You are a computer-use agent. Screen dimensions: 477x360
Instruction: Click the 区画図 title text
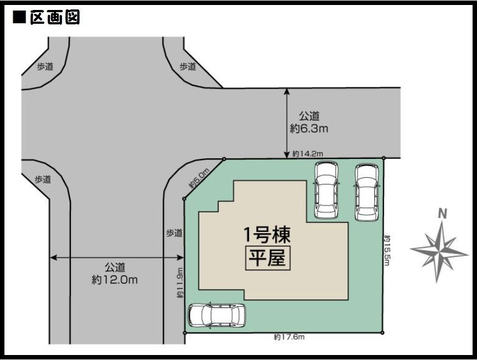pyautogui.click(x=55, y=17)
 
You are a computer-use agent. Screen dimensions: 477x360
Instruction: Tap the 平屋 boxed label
pyautogui.click(x=268, y=258)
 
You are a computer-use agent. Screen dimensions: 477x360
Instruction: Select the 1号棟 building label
pyautogui.click(x=267, y=235)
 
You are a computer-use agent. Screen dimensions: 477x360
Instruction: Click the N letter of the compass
pyautogui.click(x=442, y=214)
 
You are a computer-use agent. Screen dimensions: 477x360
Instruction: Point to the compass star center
pyautogui.click(x=439, y=251)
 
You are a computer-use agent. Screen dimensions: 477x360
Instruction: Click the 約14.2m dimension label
pyautogui.click(x=308, y=154)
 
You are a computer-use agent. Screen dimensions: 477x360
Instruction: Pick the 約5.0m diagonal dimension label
pyautogui.click(x=199, y=178)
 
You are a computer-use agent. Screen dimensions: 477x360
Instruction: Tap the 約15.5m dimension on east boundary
pyautogui.click(x=387, y=250)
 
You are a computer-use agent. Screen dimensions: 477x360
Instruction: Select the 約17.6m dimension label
pyautogui.click(x=289, y=337)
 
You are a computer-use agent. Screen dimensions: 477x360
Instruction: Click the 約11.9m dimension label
pyautogui.click(x=180, y=282)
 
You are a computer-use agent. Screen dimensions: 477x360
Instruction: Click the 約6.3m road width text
pyautogui.click(x=309, y=129)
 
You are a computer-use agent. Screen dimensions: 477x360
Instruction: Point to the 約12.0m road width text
pyautogui.click(x=115, y=280)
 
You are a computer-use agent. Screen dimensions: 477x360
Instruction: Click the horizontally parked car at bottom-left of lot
pyautogui.click(x=216, y=316)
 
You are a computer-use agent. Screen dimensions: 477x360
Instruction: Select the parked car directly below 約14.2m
pyautogui.click(x=326, y=190)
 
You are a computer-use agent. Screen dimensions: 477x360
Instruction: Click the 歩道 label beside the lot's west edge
pyautogui.click(x=174, y=233)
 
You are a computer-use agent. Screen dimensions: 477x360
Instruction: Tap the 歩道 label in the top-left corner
pyautogui.click(x=45, y=66)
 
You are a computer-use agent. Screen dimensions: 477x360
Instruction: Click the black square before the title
pyautogui.click(x=19, y=17)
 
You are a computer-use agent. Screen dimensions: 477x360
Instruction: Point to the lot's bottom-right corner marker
pyautogui.click(x=382, y=333)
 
